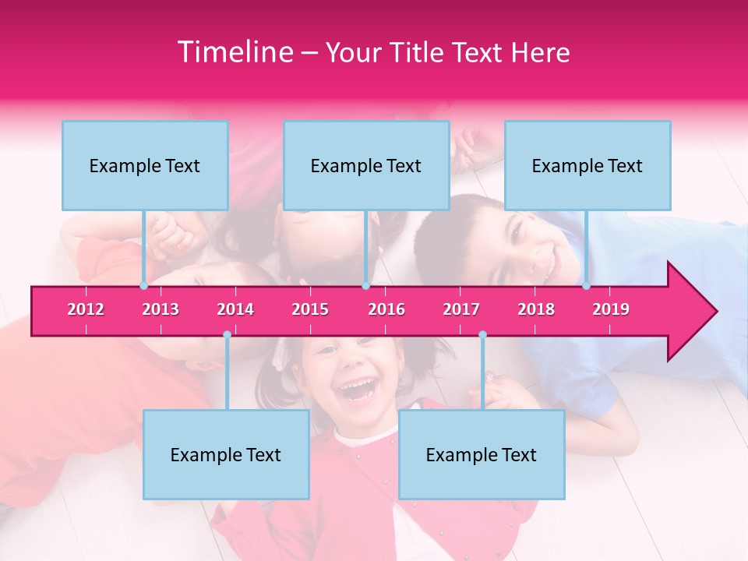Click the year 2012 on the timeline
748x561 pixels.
point(86,309)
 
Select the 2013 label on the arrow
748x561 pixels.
point(161,309)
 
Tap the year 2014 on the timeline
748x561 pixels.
point(235,309)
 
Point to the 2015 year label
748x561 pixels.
point(310,309)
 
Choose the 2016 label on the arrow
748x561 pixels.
point(386,309)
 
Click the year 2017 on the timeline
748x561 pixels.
point(461,309)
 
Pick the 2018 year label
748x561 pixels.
point(536,309)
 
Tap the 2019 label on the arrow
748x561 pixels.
point(611,309)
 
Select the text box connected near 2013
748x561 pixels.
point(145,165)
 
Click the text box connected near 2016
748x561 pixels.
point(366,165)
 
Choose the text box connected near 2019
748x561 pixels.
point(587,165)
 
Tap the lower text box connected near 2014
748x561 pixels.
point(226,454)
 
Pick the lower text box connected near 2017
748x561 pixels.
point(482,454)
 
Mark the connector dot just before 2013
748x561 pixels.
point(143,286)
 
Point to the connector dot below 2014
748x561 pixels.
point(227,335)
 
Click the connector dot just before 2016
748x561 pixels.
point(365,286)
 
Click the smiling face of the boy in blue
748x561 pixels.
point(530,245)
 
